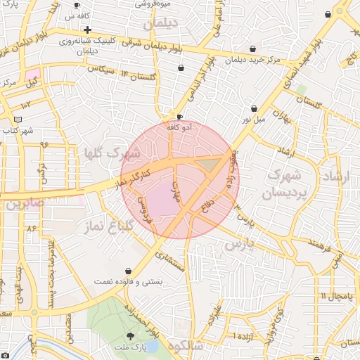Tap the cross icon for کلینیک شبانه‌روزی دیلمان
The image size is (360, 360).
pyautogui.click(x=87, y=30)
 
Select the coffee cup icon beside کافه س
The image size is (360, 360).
pyautogui.click(x=77, y=6)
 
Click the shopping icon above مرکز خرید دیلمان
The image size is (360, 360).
pyautogui.click(x=252, y=49)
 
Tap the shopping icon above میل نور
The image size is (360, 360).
pyautogui.click(x=254, y=109)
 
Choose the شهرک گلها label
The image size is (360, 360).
pyautogui.click(x=112, y=153)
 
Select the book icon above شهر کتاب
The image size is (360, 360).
pyautogui.click(x=18, y=120)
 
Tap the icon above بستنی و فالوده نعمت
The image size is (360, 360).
pyautogui.click(x=128, y=271)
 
